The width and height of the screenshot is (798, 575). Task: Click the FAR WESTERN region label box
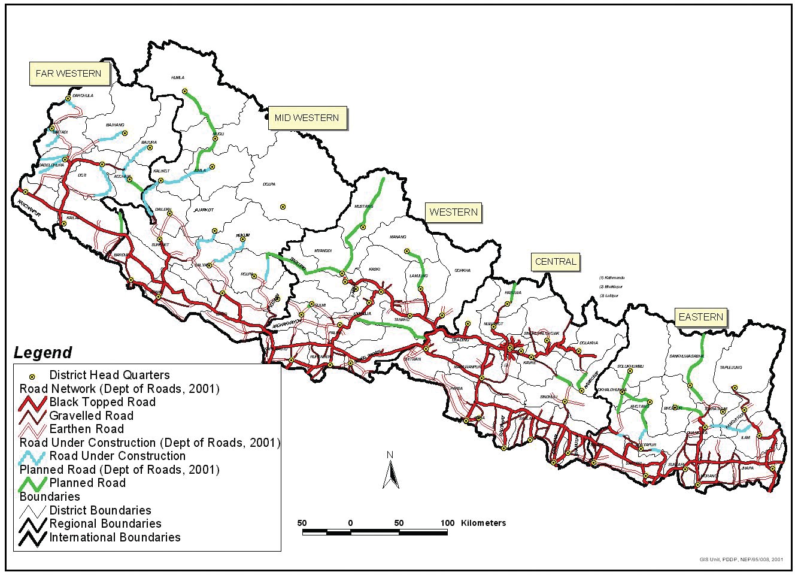pyautogui.click(x=69, y=74)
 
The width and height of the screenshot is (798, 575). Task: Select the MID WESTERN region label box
pyautogui.click(x=307, y=118)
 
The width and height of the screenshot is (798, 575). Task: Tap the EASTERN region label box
pyautogui.click(x=700, y=317)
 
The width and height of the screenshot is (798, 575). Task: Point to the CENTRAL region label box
pyautogui.click(x=556, y=262)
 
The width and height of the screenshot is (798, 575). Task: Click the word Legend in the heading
pyautogui.click(x=43, y=353)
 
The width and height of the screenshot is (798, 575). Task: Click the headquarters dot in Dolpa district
pyautogui.click(x=283, y=207)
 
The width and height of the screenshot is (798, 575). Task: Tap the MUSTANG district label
pyautogui.click(x=363, y=207)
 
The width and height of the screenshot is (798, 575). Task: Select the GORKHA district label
pyautogui.click(x=463, y=270)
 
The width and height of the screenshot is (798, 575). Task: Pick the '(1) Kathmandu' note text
pyautogui.click(x=613, y=278)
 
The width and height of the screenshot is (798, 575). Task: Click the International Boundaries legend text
pyautogui.click(x=115, y=537)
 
